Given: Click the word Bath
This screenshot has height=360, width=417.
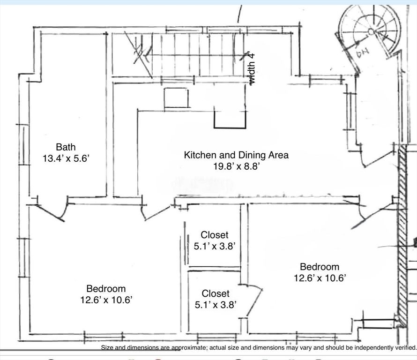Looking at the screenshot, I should point(66,147).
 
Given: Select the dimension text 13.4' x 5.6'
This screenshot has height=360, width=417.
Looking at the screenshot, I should point(66,158).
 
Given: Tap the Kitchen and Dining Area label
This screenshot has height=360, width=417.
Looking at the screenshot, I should point(236,155).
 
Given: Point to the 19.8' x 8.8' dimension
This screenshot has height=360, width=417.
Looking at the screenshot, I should point(236,166).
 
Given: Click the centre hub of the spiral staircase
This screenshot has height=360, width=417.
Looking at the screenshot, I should point(371,32).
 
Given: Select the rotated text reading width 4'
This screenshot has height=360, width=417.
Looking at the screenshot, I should point(252,68).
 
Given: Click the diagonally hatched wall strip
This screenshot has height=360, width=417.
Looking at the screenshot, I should point(402,234).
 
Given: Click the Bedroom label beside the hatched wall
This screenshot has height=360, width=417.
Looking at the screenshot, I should point(320,267).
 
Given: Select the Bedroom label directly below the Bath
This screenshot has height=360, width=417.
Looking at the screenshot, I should point(106,289).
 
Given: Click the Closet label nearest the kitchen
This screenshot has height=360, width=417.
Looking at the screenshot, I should point(214,235).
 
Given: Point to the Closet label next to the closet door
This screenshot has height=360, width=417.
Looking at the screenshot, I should point(216,293).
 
